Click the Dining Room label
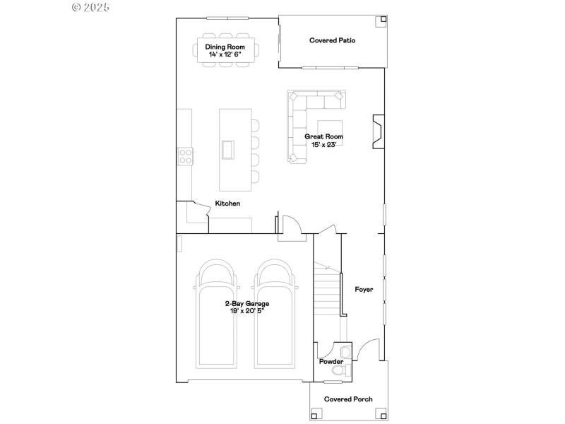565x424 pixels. [224, 47]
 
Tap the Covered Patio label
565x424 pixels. [332, 41]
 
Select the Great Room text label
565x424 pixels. [323, 136]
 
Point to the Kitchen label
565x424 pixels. [227, 204]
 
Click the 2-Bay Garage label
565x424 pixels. [247, 304]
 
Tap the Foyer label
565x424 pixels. [364, 290]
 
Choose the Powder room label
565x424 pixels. [331, 362]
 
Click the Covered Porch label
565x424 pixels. [348, 399]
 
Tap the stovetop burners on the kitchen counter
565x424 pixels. [186, 155]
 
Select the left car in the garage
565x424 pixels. [216, 318]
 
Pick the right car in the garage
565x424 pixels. [274, 318]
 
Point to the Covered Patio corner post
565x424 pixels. [382, 20]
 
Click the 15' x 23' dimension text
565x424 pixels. [323, 144]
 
